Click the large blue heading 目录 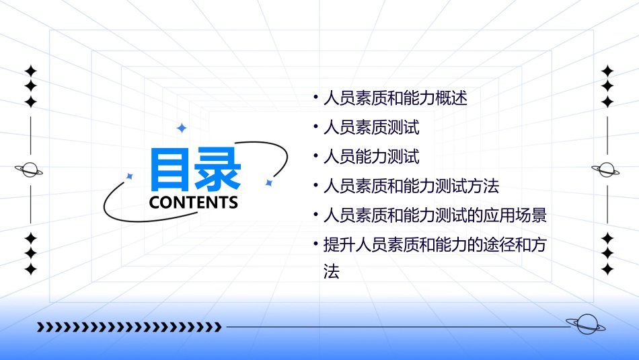[x=196, y=168]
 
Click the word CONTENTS [x=194, y=203]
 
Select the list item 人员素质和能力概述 [x=395, y=98]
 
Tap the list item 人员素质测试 [x=371, y=127]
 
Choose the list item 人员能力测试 [x=371, y=157]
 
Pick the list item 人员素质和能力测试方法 [x=411, y=186]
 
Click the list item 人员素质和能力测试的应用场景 [x=435, y=215]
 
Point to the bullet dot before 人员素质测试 [x=315, y=126]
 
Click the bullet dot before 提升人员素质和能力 [x=315, y=244]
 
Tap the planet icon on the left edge [x=30, y=170]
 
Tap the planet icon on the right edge [x=607, y=170]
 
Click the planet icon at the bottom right [x=586, y=324]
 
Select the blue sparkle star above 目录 [x=181, y=128]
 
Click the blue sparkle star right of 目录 [x=268, y=182]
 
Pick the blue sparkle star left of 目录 [x=130, y=176]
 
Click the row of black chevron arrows [x=128, y=327]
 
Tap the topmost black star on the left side [x=30, y=71]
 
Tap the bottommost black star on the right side [x=607, y=269]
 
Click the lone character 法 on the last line [x=331, y=272]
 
